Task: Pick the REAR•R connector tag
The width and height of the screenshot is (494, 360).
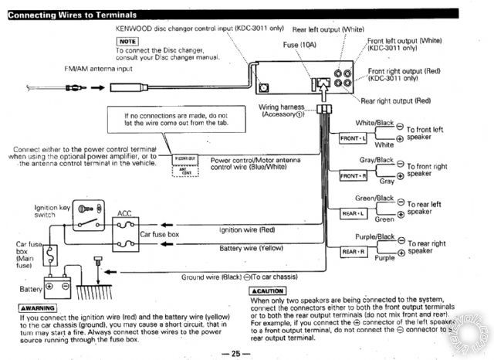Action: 351,251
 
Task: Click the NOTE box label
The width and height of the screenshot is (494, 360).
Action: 127,40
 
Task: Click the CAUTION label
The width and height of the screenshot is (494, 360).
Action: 269,291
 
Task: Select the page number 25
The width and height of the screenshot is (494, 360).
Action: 236,353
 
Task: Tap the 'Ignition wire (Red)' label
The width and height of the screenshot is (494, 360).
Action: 247,229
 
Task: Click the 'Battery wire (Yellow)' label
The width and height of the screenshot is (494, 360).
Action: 250,250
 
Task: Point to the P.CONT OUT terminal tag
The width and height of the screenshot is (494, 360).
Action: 185,157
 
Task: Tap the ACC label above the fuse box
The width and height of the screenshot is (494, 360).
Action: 124,212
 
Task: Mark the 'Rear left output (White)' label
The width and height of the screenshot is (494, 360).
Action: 328,29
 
